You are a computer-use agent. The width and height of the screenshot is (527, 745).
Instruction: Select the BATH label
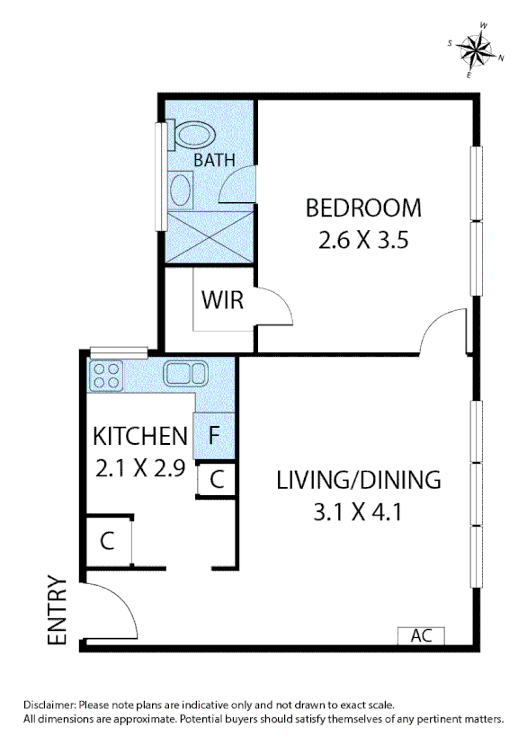[x=214, y=160]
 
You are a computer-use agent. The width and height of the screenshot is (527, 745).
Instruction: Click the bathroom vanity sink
[x=181, y=191]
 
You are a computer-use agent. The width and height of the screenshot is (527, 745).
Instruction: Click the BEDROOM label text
[x=363, y=208]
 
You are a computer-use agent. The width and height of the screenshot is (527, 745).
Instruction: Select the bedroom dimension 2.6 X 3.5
[x=363, y=241]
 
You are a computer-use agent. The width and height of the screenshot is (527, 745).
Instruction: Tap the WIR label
[x=222, y=300]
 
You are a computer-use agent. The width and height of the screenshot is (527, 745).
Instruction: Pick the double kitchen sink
[x=186, y=373]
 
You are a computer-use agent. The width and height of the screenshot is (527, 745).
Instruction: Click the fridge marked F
[x=214, y=435]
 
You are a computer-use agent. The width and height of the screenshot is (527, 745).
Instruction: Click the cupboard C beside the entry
[x=107, y=541]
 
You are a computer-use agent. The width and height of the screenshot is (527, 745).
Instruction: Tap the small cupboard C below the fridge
[x=216, y=479]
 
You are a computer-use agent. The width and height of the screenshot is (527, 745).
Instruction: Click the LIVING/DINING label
[x=358, y=479]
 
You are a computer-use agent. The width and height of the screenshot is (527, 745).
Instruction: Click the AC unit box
[x=421, y=634]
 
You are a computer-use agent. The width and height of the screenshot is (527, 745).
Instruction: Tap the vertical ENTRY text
[x=58, y=610]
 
